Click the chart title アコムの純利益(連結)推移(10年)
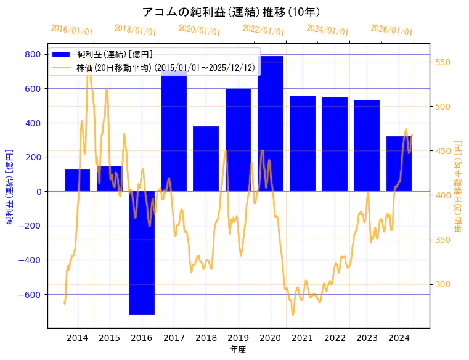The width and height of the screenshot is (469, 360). (x=231, y=12)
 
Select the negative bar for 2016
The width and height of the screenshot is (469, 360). (x=142, y=259)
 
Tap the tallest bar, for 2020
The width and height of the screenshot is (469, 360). (x=271, y=123)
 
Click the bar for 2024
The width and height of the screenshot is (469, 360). (x=399, y=163)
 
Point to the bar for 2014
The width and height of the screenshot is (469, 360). (x=78, y=179)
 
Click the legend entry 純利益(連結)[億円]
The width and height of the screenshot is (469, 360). (x=115, y=55)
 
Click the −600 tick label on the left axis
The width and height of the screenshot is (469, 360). (x=30, y=294)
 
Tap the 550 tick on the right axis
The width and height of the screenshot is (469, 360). (x=444, y=62)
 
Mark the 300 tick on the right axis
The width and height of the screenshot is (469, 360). (x=444, y=284)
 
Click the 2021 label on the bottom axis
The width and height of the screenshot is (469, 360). (x=303, y=338)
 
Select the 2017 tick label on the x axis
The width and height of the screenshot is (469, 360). (x=174, y=338)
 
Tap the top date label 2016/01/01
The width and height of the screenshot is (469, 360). (x=71, y=30)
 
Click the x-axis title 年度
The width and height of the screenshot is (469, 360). (x=238, y=350)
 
